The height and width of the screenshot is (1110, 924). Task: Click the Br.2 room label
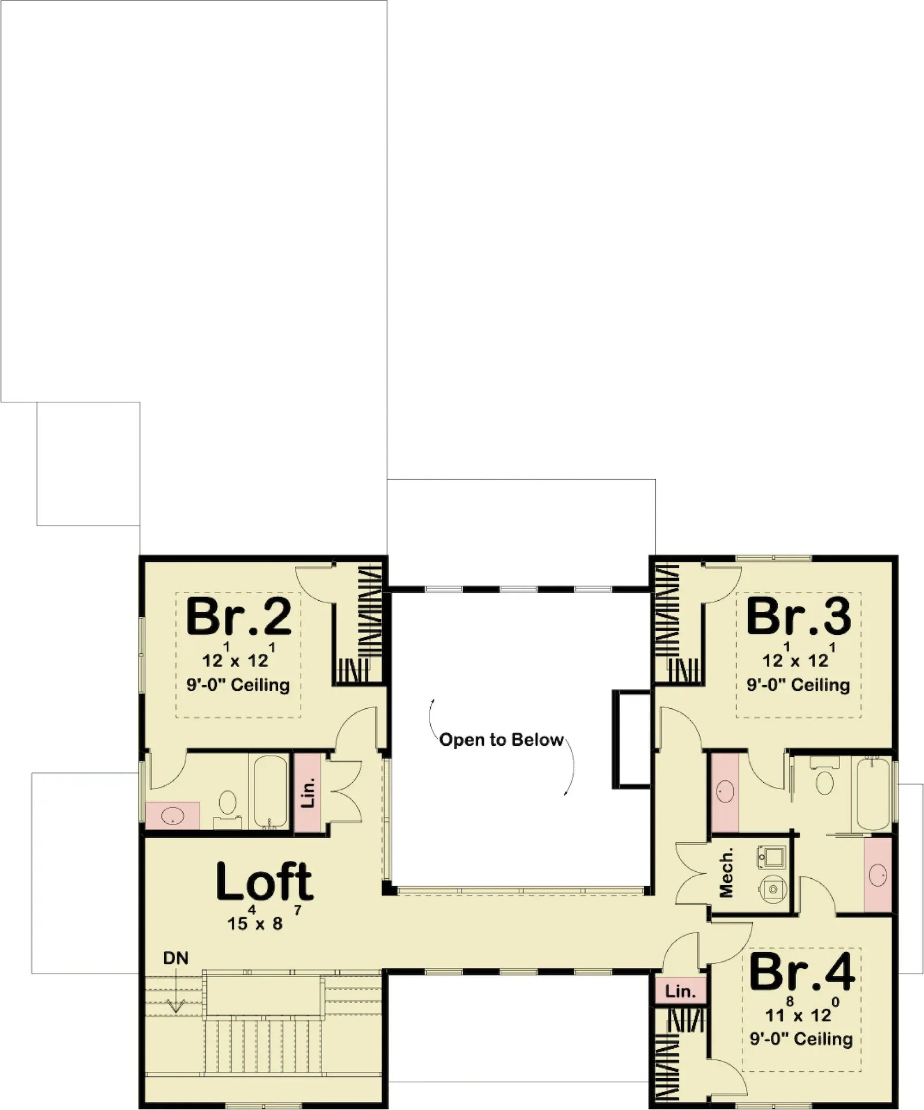point(238,617)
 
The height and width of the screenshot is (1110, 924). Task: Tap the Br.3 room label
point(799,617)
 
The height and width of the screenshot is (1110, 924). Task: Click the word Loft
point(265,883)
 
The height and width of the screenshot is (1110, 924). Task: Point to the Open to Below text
point(501,740)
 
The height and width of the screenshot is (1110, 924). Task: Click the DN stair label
point(176,958)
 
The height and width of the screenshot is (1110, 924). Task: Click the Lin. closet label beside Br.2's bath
point(308,792)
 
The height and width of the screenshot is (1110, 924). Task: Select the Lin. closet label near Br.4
point(680,991)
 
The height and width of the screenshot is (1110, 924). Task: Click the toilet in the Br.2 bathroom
point(228,804)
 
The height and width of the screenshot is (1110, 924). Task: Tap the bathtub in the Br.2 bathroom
point(270,791)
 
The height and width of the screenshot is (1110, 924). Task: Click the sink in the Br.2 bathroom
point(172,816)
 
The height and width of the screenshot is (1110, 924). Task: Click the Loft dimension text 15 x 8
point(256,923)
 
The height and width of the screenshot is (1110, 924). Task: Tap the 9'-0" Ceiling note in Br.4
point(801,1039)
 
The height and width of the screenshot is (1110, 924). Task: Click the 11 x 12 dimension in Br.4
point(798,1015)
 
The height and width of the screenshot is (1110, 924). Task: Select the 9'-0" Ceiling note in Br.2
point(238,685)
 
